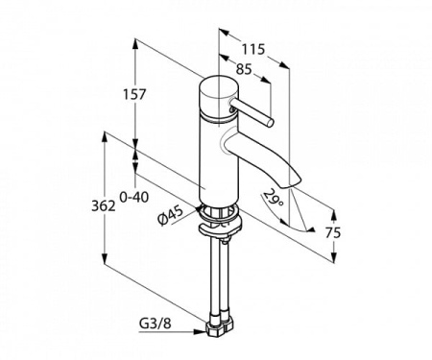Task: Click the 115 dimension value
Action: (253, 49)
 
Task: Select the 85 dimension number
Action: (244, 69)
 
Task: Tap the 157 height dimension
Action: (134, 94)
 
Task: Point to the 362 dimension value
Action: (104, 205)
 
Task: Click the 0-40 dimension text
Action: (134, 198)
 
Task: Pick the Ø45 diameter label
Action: (171, 215)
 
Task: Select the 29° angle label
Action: (274, 198)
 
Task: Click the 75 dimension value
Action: (333, 232)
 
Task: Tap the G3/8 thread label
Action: (156, 324)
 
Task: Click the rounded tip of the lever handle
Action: (271, 123)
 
